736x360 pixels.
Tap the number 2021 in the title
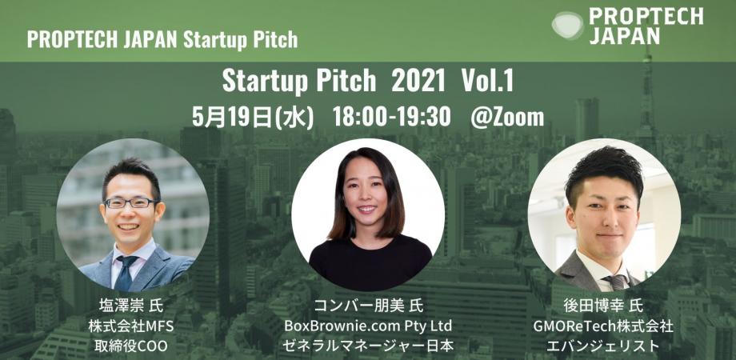[418, 82]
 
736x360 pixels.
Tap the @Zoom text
[508, 117]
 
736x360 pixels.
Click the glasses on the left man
[130, 203]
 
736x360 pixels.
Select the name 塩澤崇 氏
[132, 306]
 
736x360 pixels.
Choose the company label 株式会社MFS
[132, 326]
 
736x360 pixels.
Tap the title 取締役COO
[132, 346]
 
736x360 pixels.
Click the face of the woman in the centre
[368, 203]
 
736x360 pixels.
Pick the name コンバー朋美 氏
[368, 306]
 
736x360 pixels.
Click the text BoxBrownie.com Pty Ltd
[368, 326]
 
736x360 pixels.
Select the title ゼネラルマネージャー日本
[368, 346]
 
